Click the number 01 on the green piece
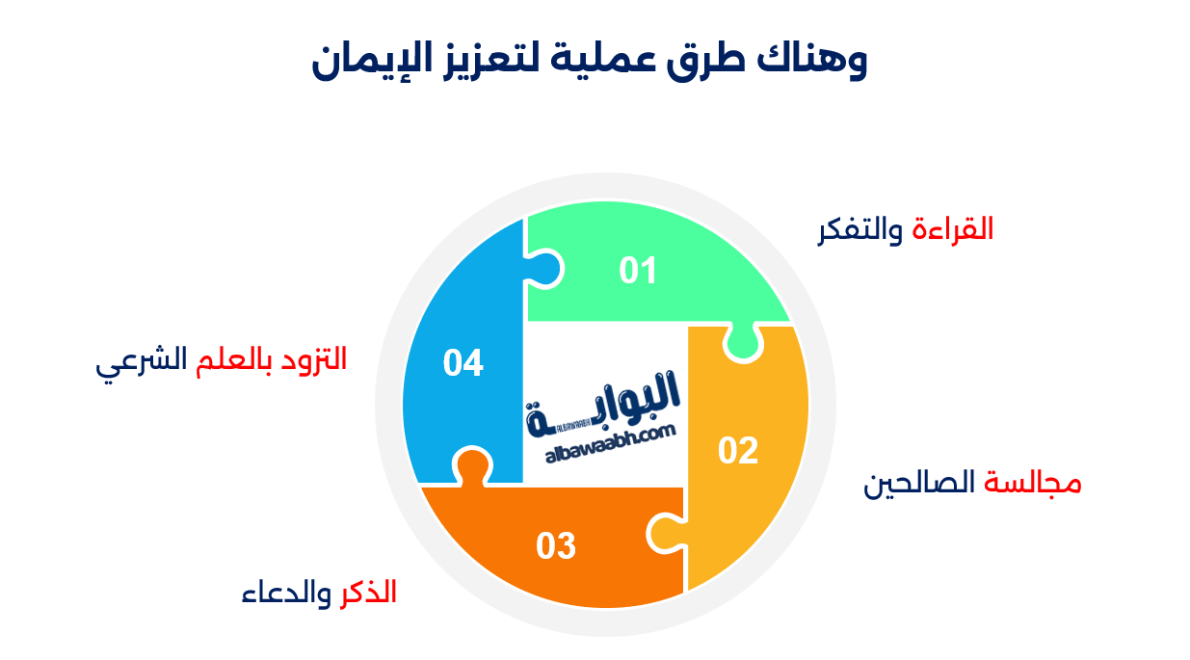tap(638, 271)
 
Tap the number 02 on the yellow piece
tap(738, 451)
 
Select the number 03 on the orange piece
tap(556, 546)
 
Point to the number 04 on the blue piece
tap(463, 363)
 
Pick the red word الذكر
tap(369, 593)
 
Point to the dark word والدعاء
tap(285, 594)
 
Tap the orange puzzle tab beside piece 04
tap(470, 467)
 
